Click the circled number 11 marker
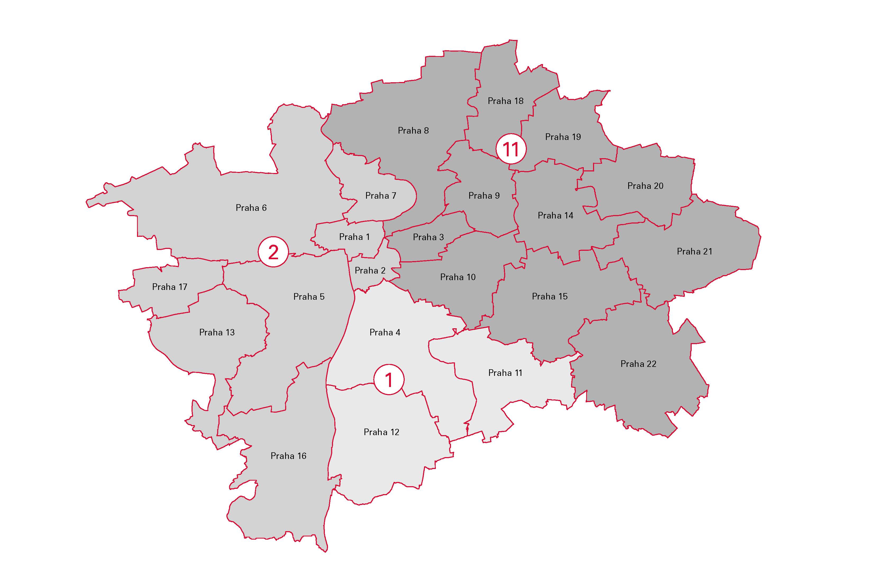point(511,149)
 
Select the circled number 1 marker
point(389,380)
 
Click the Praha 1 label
point(354,237)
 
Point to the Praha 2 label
point(370,270)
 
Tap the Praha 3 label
point(428,237)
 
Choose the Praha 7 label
point(381,195)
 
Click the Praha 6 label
point(251,208)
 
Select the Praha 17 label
point(170,287)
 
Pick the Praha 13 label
point(217,333)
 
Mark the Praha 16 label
point(288,456)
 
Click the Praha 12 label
point(381,432)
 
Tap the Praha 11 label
point(505,373)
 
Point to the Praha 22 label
point(638,364)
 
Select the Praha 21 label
point(694,251)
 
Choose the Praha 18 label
point(505,101)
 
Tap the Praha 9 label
point(484,195)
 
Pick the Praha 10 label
point(458,277)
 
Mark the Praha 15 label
point(549,296)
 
